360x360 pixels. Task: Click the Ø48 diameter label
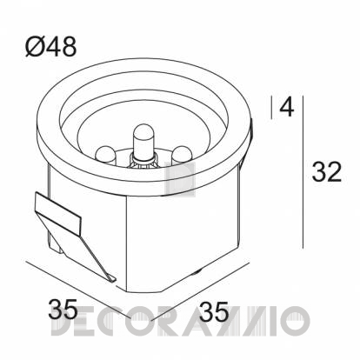[51, 47]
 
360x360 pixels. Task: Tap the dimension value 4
[287, 107]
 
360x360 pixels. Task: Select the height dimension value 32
[327, 171]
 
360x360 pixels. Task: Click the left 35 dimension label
[63, 309]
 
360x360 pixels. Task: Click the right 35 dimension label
[214, 311]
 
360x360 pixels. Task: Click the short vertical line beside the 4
[271, 107]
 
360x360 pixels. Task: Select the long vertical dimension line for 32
[303, 172]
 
